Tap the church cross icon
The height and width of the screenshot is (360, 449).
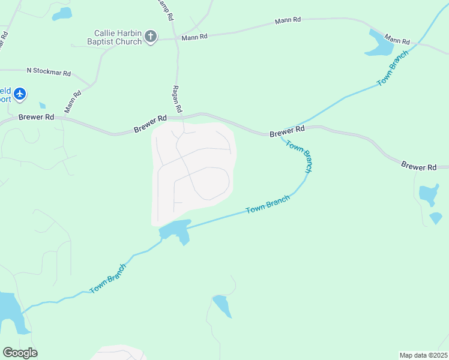coord(150,37)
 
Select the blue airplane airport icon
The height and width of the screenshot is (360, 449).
coord(21,94)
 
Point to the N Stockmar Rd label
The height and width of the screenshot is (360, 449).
coord(49,72)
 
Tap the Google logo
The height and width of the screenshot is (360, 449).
coord(20,353)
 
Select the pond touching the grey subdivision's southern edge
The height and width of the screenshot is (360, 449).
coord(175,230)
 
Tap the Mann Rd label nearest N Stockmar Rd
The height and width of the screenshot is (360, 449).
coord(73,101)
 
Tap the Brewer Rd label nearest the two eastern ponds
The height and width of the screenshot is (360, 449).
coord(419,166)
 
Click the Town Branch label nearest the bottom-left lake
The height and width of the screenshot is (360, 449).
coord(108,278)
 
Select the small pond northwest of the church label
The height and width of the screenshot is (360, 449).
coord(62,13)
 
